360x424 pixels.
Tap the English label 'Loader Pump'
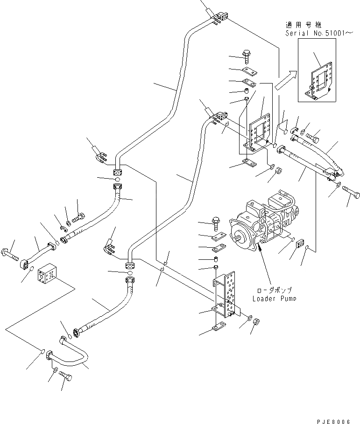274,299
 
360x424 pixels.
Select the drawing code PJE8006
333,421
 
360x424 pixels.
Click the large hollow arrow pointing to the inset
286,80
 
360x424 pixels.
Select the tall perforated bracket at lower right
226,294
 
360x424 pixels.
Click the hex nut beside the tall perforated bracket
256,321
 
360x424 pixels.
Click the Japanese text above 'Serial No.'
304,25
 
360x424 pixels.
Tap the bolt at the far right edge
351,192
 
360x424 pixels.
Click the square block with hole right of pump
300,243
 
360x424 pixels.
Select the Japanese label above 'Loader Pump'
275,291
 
